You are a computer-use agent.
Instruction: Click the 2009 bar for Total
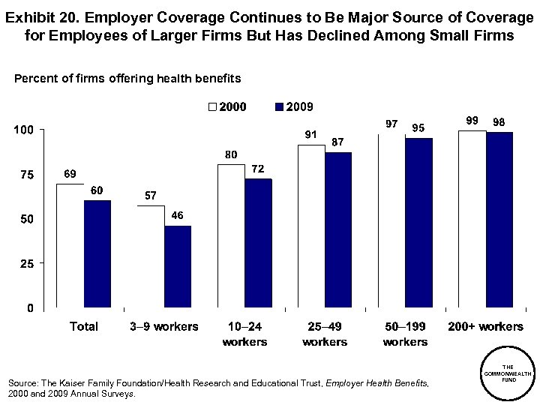tap(97, 254)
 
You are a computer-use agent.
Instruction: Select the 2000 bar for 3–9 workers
tap(151, 256)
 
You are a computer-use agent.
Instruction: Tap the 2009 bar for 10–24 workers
tap(258, 244)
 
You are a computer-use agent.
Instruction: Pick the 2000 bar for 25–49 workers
tap(311, 226)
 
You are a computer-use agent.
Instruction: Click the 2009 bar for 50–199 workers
tap(418, 223)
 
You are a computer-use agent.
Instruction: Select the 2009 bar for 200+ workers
tap(499, 220)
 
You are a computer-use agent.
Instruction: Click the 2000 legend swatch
tap(212, 107)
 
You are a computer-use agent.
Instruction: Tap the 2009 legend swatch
tap(281, 107)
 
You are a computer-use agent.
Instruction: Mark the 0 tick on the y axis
tap(29, 308)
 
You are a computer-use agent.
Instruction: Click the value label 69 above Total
tap(69, 174)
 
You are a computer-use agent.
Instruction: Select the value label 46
tap(178, 215)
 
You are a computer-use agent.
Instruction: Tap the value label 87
tap(338, 142)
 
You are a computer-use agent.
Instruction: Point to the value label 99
tap(472, 120)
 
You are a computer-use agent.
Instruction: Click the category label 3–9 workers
tap(164, 326)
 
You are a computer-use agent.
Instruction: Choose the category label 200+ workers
tap(485, 326)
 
